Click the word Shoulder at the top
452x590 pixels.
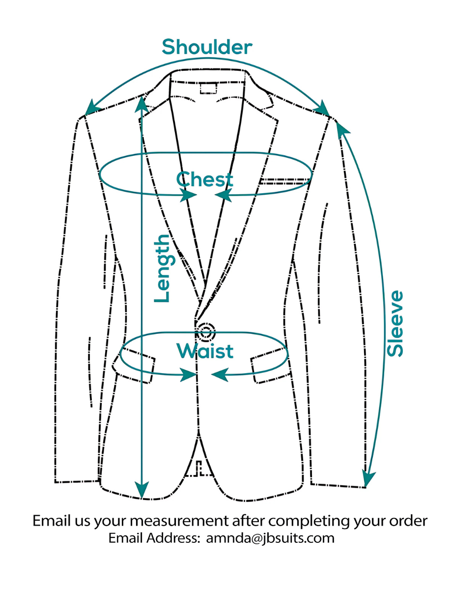tap(207, 47)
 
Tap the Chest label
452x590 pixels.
tap(204, 179)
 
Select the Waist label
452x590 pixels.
tap(205, 351)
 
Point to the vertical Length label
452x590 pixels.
tap(162, 268)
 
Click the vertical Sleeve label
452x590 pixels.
tap(395, 324)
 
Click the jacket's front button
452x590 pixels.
tap(205, 332)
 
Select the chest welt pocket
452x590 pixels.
tap(284, 181)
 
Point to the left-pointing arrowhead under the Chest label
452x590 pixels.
tap(224, 196)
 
